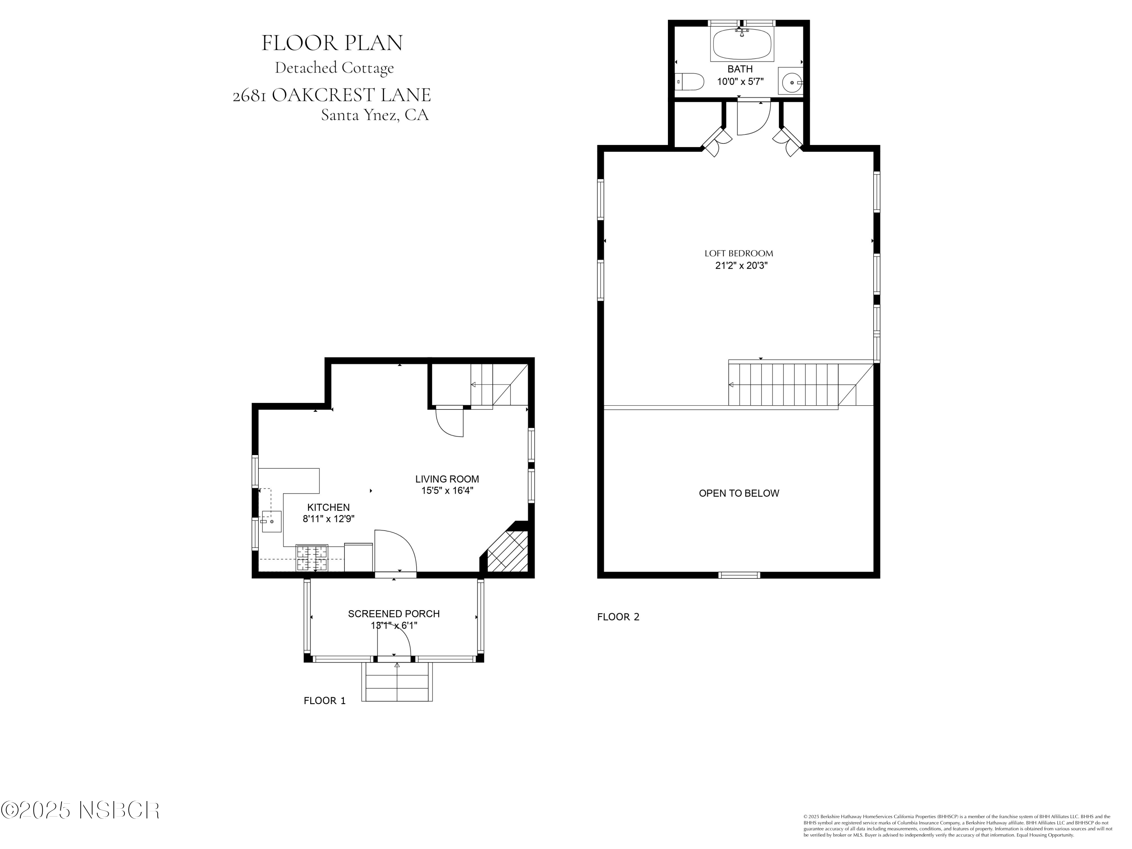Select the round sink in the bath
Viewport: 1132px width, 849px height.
pyautogui.click(x=791, y=82)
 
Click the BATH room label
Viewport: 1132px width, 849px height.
pyautogui.click(x=740, y=69)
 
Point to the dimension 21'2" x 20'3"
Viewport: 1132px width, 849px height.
pyautogui.click(x=741, y=266)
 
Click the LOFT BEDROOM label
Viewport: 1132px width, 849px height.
pyautogui.click(x=738, y=253)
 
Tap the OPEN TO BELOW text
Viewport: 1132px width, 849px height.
pyautogui.click(x=738, y=493)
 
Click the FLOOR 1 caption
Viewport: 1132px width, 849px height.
pyautogui.click(x=325, y=701)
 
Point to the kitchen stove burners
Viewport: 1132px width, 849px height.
pyautogui.click(x=312, y=558)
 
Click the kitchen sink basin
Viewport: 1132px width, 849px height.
pyautogui.click(x=271, y=521)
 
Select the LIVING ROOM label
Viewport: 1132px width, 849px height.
pyautogui.click(x=447, y=479)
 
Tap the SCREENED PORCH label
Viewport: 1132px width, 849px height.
pyautogui.click(x=394, y=614)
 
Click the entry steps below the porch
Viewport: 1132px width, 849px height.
pyautogui.click(x=397, y=683)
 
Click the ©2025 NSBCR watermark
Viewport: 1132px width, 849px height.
pyautogui.click(x=80, y=810)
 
